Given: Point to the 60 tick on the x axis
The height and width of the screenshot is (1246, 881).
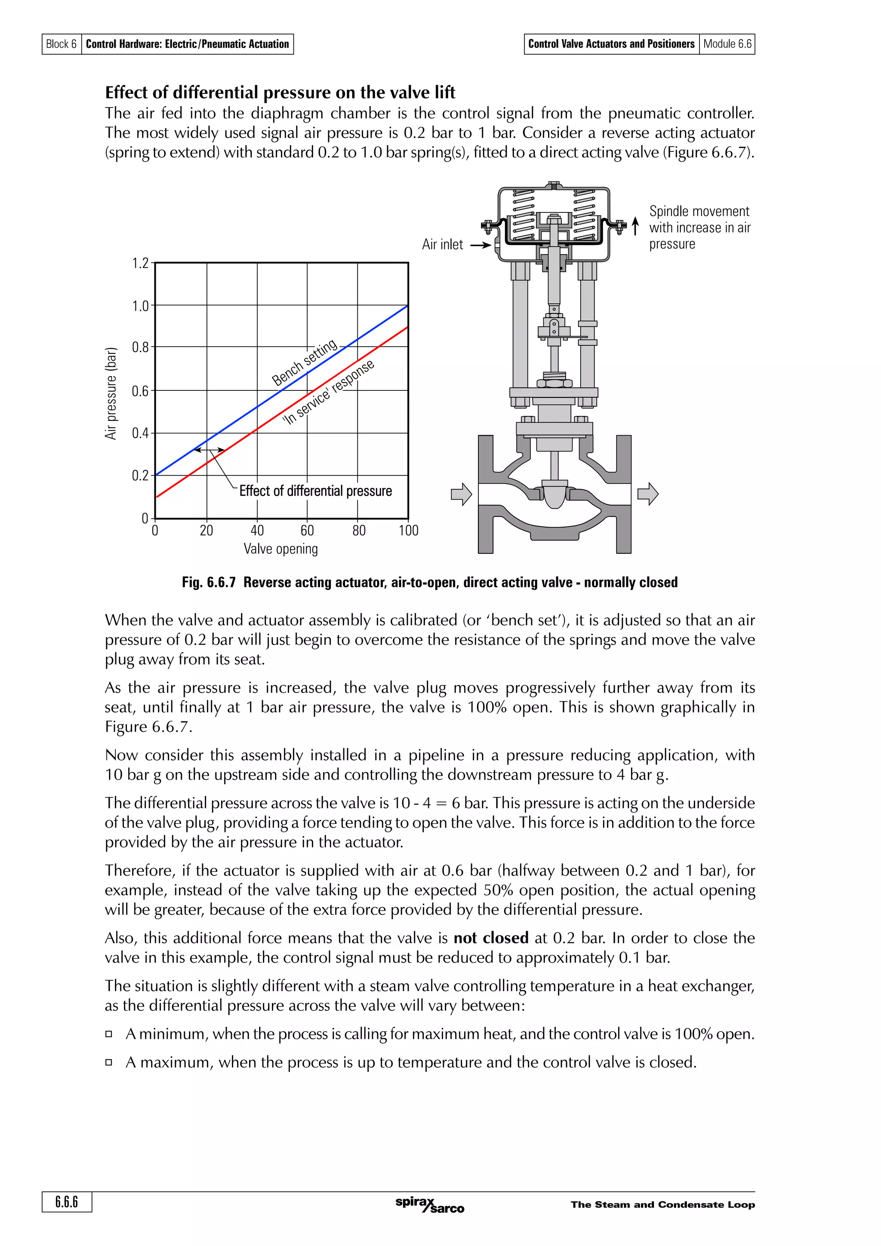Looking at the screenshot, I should [x=307, y=530].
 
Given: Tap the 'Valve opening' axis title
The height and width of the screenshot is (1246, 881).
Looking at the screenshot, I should [x=280, y=549].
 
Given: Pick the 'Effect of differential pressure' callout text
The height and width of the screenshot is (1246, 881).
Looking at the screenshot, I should [x=315, y=491].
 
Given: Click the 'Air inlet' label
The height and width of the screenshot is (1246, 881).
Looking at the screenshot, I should [x=442, y=245].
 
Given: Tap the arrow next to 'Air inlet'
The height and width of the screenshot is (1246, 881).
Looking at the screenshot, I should [x=481, y=246].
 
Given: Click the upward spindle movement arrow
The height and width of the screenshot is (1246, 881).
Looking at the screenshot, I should [x=635, y=226].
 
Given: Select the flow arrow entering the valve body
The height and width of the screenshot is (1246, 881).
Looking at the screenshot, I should [x=462, y=494].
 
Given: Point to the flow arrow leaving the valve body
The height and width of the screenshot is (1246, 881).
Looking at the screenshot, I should [x=647, y=494].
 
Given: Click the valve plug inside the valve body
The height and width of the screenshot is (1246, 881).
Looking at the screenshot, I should [x=554, y=495].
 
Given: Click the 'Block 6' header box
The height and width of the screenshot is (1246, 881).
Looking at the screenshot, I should [x=62, y=44].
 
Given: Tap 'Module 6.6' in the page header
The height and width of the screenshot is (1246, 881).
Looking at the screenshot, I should [x=727, y=44].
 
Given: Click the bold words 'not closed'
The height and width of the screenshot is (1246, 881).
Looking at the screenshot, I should [x=491, y=938].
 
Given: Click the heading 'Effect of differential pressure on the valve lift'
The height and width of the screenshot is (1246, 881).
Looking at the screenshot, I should [x=280, y=92].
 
